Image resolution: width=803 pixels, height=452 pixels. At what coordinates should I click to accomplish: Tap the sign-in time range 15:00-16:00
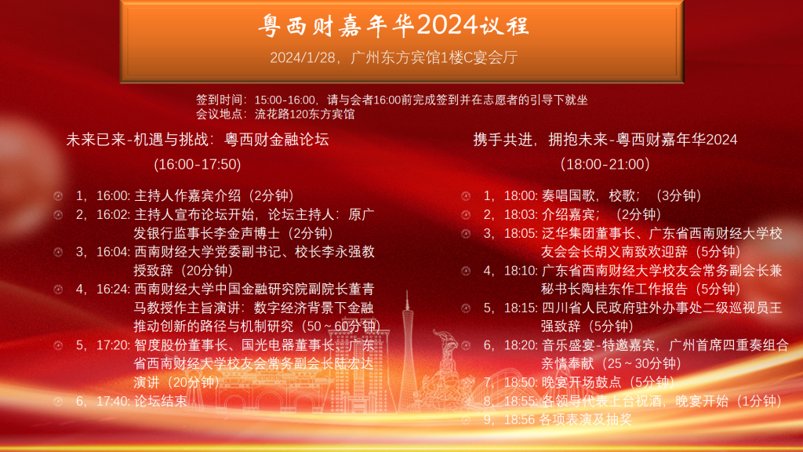285,100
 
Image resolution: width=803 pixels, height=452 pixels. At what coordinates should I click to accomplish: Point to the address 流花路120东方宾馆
305,115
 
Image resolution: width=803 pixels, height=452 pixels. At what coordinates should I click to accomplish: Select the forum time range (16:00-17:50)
198,165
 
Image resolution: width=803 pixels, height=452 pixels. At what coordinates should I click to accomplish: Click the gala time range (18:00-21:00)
605,165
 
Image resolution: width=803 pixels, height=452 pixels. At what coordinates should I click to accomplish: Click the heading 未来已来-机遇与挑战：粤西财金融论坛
198,140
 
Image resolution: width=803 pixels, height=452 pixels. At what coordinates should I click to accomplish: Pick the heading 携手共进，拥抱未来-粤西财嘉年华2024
605,140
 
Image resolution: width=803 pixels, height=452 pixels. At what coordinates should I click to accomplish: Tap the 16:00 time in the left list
113,195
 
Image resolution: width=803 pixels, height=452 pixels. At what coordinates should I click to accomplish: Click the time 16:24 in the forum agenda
113,289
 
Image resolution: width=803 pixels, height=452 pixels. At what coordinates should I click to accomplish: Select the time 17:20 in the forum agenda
113,345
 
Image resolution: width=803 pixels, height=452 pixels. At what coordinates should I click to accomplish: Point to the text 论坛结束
160,401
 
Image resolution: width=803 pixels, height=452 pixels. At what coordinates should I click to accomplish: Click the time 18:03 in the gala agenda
521,214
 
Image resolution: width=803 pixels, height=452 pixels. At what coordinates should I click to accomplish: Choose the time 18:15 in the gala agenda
521,308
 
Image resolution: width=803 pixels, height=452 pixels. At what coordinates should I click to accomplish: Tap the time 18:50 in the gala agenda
521,382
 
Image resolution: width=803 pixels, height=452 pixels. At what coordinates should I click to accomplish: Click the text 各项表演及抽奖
586,420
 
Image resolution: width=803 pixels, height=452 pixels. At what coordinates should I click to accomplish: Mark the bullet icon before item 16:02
58,215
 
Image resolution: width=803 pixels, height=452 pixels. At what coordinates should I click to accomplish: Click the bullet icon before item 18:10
466,271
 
